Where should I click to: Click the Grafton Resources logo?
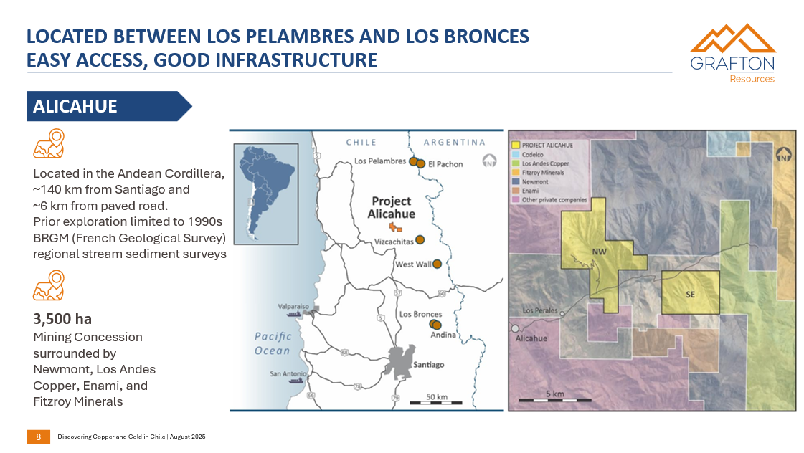(x=732, y=54)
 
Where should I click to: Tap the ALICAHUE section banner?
(x=108, y=106)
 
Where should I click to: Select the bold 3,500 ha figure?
(x=62, y=319)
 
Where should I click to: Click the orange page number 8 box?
(x=38, y=437)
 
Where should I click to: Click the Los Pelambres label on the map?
(x=380, y=161)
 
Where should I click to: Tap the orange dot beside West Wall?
(x=437, y=264)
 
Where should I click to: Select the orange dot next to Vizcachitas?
(x=420, y=239)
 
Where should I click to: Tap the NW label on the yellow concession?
(x=600, y=252)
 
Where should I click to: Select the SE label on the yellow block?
(x=690, y=294)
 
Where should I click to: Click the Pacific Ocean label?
(x=273, y=343)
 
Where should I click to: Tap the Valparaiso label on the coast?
(x=293, y=306)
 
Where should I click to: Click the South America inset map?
(x=265, y=194)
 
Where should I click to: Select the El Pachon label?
(x=445, y=164)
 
